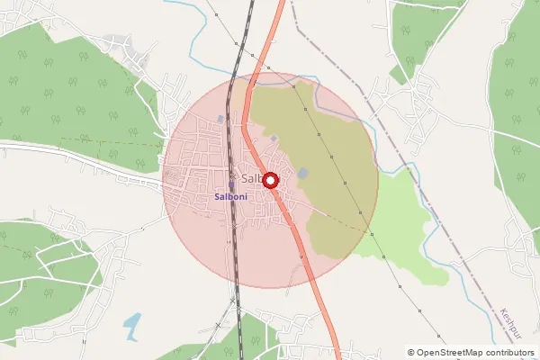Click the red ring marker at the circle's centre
pyautogui.click(x=269, y=179)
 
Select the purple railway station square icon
pyautogui.click(x=231, y=185)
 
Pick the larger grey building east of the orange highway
pyautogui.click(x=303, y=173)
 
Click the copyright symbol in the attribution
pyautogui.click(x=411, y=352)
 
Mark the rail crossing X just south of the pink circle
pyautogui.click(x=232, y=300)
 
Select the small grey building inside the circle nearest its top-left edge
pyautogui.click(x=221, y=119)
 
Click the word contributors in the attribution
pyautogui.click(x=506, y=352)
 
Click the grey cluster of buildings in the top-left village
pyautogui.click(x=117, y=42)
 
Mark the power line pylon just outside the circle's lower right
pyautogui.click(x=383, y=258)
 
